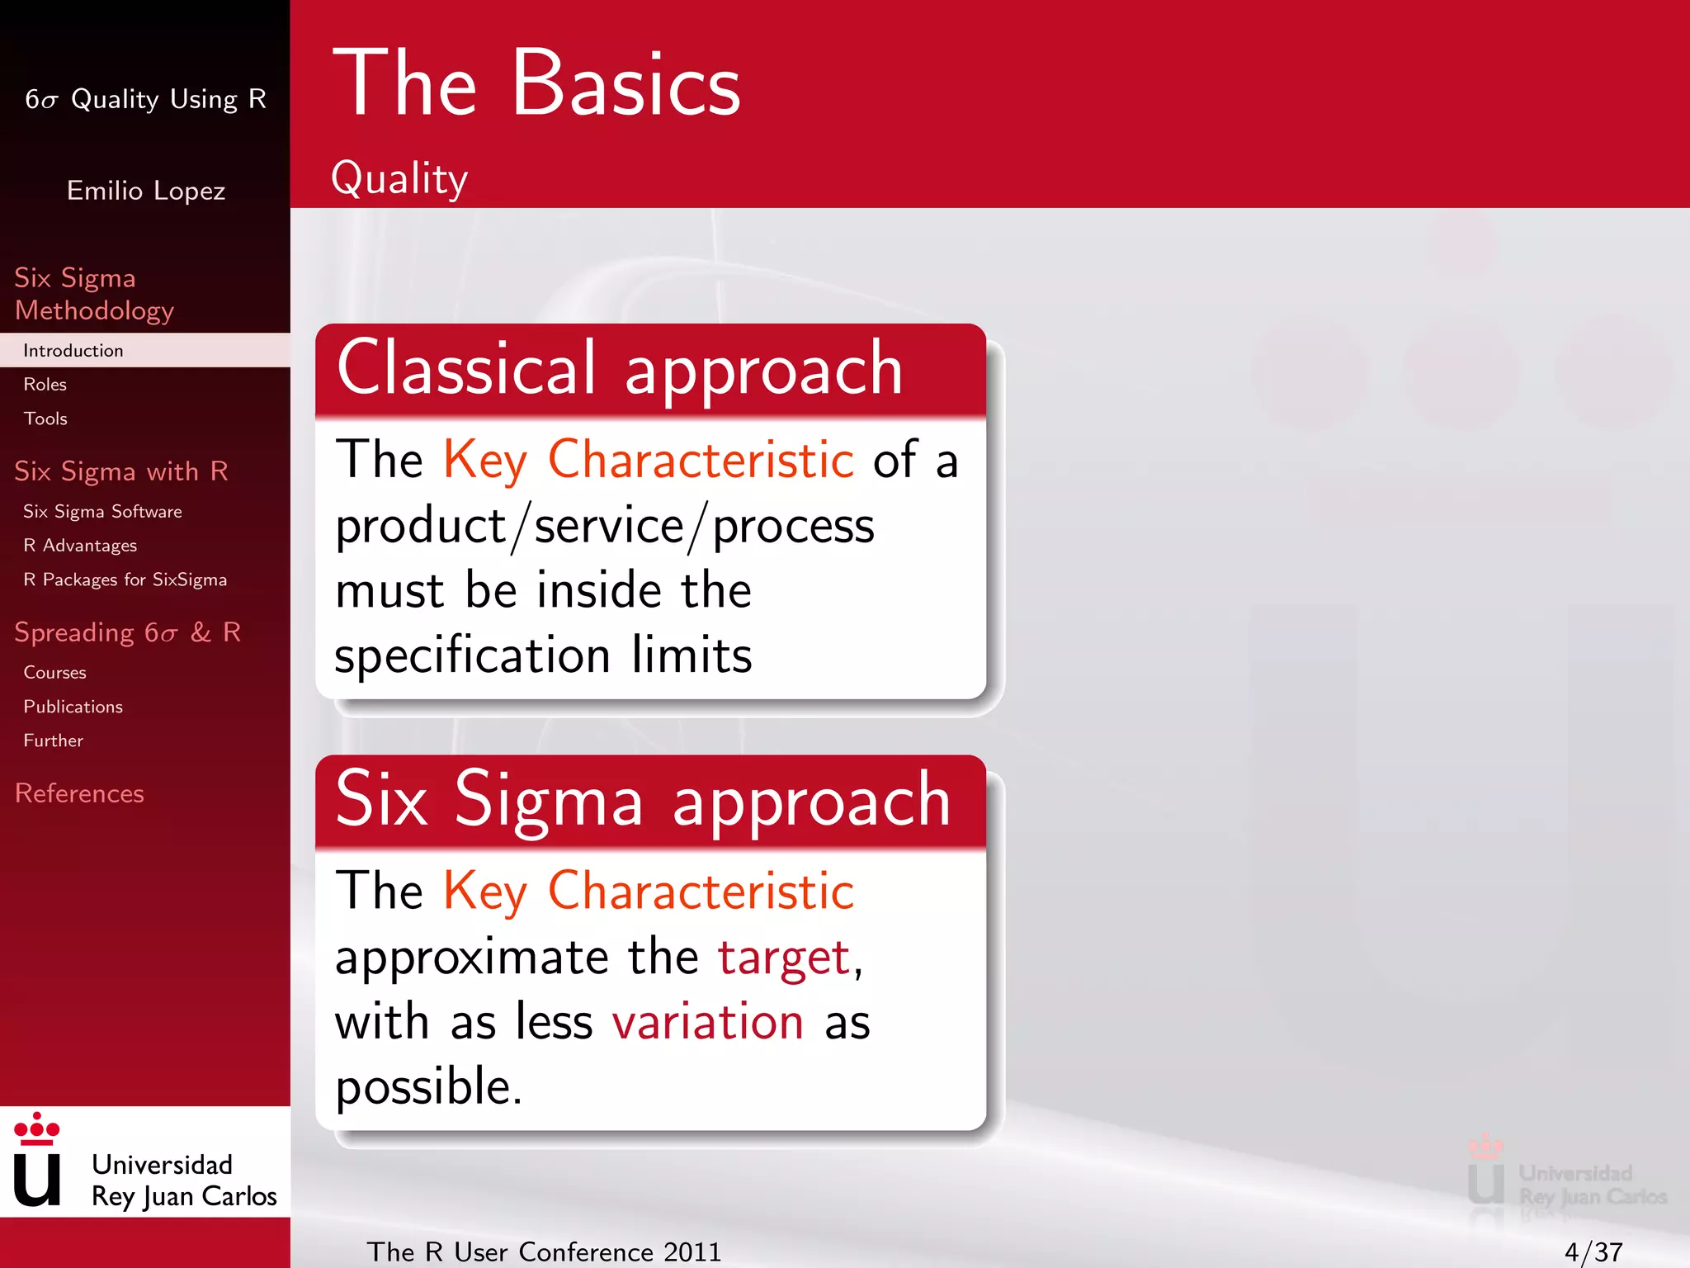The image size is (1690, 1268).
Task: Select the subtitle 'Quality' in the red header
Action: [x=399, y=178]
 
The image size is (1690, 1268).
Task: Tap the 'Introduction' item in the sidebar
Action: [x=73, y=351]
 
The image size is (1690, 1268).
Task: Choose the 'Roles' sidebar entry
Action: [x=45, y=385]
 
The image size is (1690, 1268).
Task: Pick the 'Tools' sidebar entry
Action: [x=45, y=419]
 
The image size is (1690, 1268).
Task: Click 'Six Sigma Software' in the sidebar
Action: [x=102, y=512]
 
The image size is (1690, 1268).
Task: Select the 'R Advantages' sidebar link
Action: [x=80, y=546]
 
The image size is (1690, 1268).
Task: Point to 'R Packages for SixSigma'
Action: [x=125, y=580]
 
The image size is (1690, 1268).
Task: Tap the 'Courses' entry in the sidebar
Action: [x=54, y=673]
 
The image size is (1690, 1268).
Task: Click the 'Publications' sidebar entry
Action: [x=73, y=707]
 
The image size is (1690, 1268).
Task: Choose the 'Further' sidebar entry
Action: [x=53, y=740]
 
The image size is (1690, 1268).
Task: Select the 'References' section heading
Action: [x=79, y=793]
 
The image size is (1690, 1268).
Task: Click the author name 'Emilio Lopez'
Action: [x=146, y=191]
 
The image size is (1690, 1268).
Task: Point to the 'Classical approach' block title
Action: [x=620, y=369]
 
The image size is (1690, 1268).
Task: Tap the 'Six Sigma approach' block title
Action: [x=644, y=801]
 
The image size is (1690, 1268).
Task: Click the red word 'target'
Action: [x=784, y=958]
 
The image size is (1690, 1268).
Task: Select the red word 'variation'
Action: [x=708, y=1022]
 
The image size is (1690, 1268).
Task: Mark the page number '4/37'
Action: [x=1593, y=1252]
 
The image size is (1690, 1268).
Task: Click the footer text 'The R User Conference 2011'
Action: [x=544, y=1252]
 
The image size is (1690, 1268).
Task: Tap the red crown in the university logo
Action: [x=37, y=1128]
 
